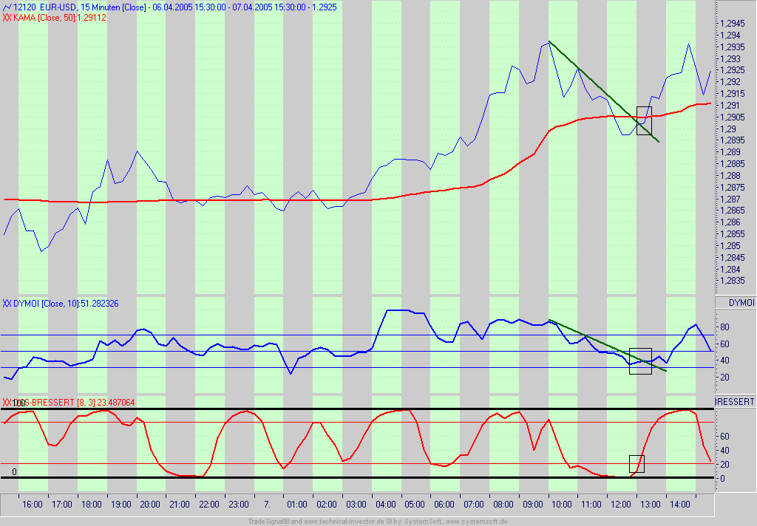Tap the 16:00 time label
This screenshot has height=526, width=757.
click(x=33, y=505)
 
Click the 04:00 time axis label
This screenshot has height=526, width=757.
click(x=384, y=505)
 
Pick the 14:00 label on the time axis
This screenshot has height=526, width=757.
click(x=680, y=505)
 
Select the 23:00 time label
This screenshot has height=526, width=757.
click(x=238, y=505)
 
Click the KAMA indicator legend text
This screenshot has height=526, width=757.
click(x=55, y=17)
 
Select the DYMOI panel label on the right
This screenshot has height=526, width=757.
click(x=741, y=303)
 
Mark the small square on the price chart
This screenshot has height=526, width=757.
click(x=644, y=120)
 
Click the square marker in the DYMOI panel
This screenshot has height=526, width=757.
click(x=640, y=361)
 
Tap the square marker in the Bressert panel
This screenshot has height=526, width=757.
click(x=637, y=464)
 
